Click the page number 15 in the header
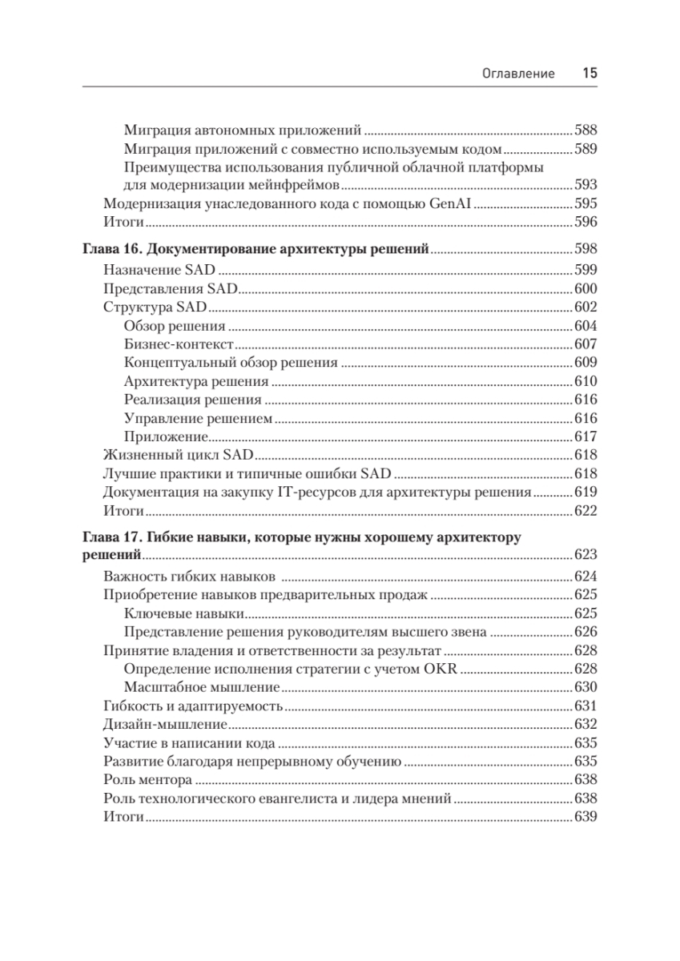(x=589, y=73)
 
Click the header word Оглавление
(x=518, y=74)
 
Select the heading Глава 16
(x=113, y=248)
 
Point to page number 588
(x=586, y=130)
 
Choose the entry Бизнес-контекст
(x=179, y=344)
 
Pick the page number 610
(x=586, y=381)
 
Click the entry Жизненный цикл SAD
(x=179, y=455)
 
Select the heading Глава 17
(x=113, y=537)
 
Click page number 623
(x=586, y=555)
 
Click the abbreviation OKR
(x=439, y=669)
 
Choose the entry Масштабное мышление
(x=202, y=687)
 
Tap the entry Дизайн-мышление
(x=165, y=724)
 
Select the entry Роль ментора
(x=148, y=779)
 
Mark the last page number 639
(x=586, y=817)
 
